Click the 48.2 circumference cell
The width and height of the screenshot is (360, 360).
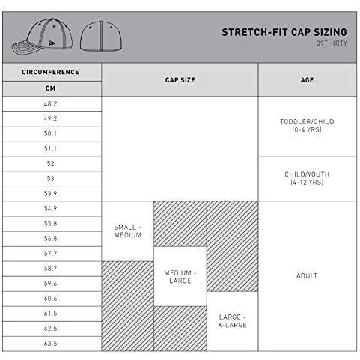(x=51, y=103)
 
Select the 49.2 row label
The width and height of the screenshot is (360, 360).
(x=51, y=118)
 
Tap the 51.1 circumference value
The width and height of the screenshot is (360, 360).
(x=51, y=148)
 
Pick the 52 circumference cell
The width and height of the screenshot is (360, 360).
(x=51, y=163)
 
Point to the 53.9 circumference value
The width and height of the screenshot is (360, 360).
(x=51, y=193)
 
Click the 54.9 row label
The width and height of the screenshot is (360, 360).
(x=51, y=208)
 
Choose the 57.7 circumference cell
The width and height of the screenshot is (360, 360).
(x=51, y=253)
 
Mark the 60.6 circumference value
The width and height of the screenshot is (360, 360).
(x=51, y=298)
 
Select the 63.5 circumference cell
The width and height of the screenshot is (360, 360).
(x=51, y=343)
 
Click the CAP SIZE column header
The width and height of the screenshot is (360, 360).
(x=180, y=79)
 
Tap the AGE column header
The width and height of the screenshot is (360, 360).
(x=307, y=79)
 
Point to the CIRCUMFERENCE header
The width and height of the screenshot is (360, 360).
(x=51, y=72)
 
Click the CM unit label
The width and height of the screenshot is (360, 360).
(x=51, y=88)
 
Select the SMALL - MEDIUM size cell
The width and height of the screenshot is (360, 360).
(x=127, y=231)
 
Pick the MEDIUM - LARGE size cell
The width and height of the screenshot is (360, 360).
(x=180, y=276)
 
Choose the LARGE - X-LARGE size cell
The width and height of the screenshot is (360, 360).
(x=233, y=321)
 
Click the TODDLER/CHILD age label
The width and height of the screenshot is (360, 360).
(x=307, y=125)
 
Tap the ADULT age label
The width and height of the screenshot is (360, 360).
(x=307, y=276)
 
